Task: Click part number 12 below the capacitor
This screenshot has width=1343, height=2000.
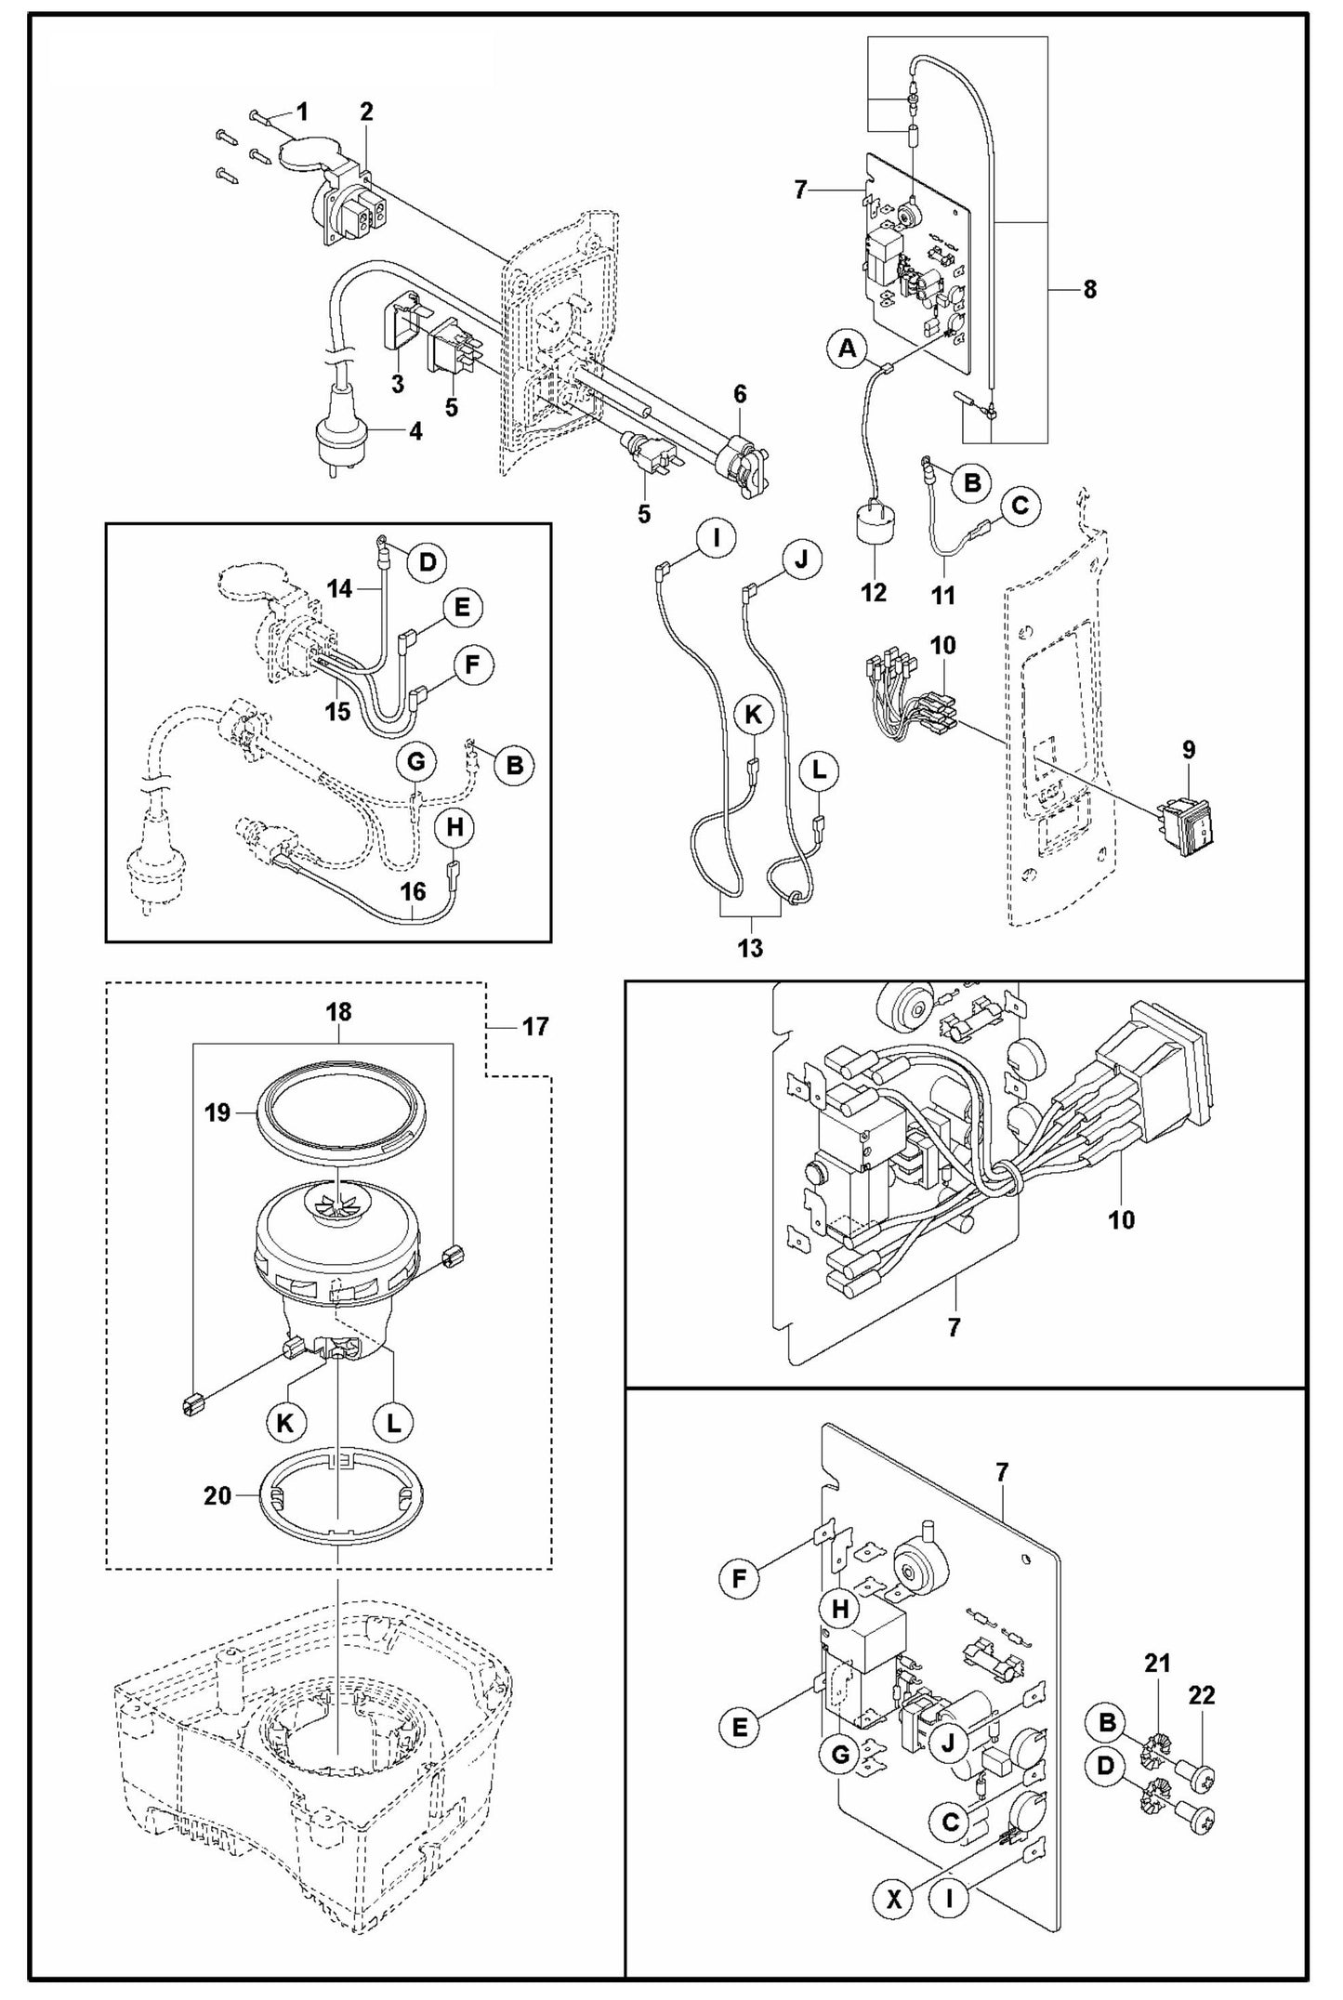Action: [x=874, y=592]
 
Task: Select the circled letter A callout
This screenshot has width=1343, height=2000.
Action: [x=846, y=350]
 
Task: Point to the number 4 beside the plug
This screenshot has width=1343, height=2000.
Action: [x=415, y=431]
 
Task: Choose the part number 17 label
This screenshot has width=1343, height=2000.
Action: [x=535, y=1026]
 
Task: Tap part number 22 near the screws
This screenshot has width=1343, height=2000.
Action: [x=1202, y=1695]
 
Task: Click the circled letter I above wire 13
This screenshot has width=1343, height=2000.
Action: [x=716, y=539]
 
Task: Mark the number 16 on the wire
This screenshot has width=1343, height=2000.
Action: [x=413, y=891]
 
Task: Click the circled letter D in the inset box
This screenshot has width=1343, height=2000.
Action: [x=427, y=561]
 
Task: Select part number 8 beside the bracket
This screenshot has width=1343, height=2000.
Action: [x=1089, y=290]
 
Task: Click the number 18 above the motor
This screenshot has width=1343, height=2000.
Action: [x=338, y=1012]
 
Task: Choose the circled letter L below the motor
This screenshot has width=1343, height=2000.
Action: [x=394, y=1421]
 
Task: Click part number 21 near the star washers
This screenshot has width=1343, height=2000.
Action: [x=1157, y=1663]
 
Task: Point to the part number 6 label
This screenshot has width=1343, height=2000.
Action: [x=740, y=394]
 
